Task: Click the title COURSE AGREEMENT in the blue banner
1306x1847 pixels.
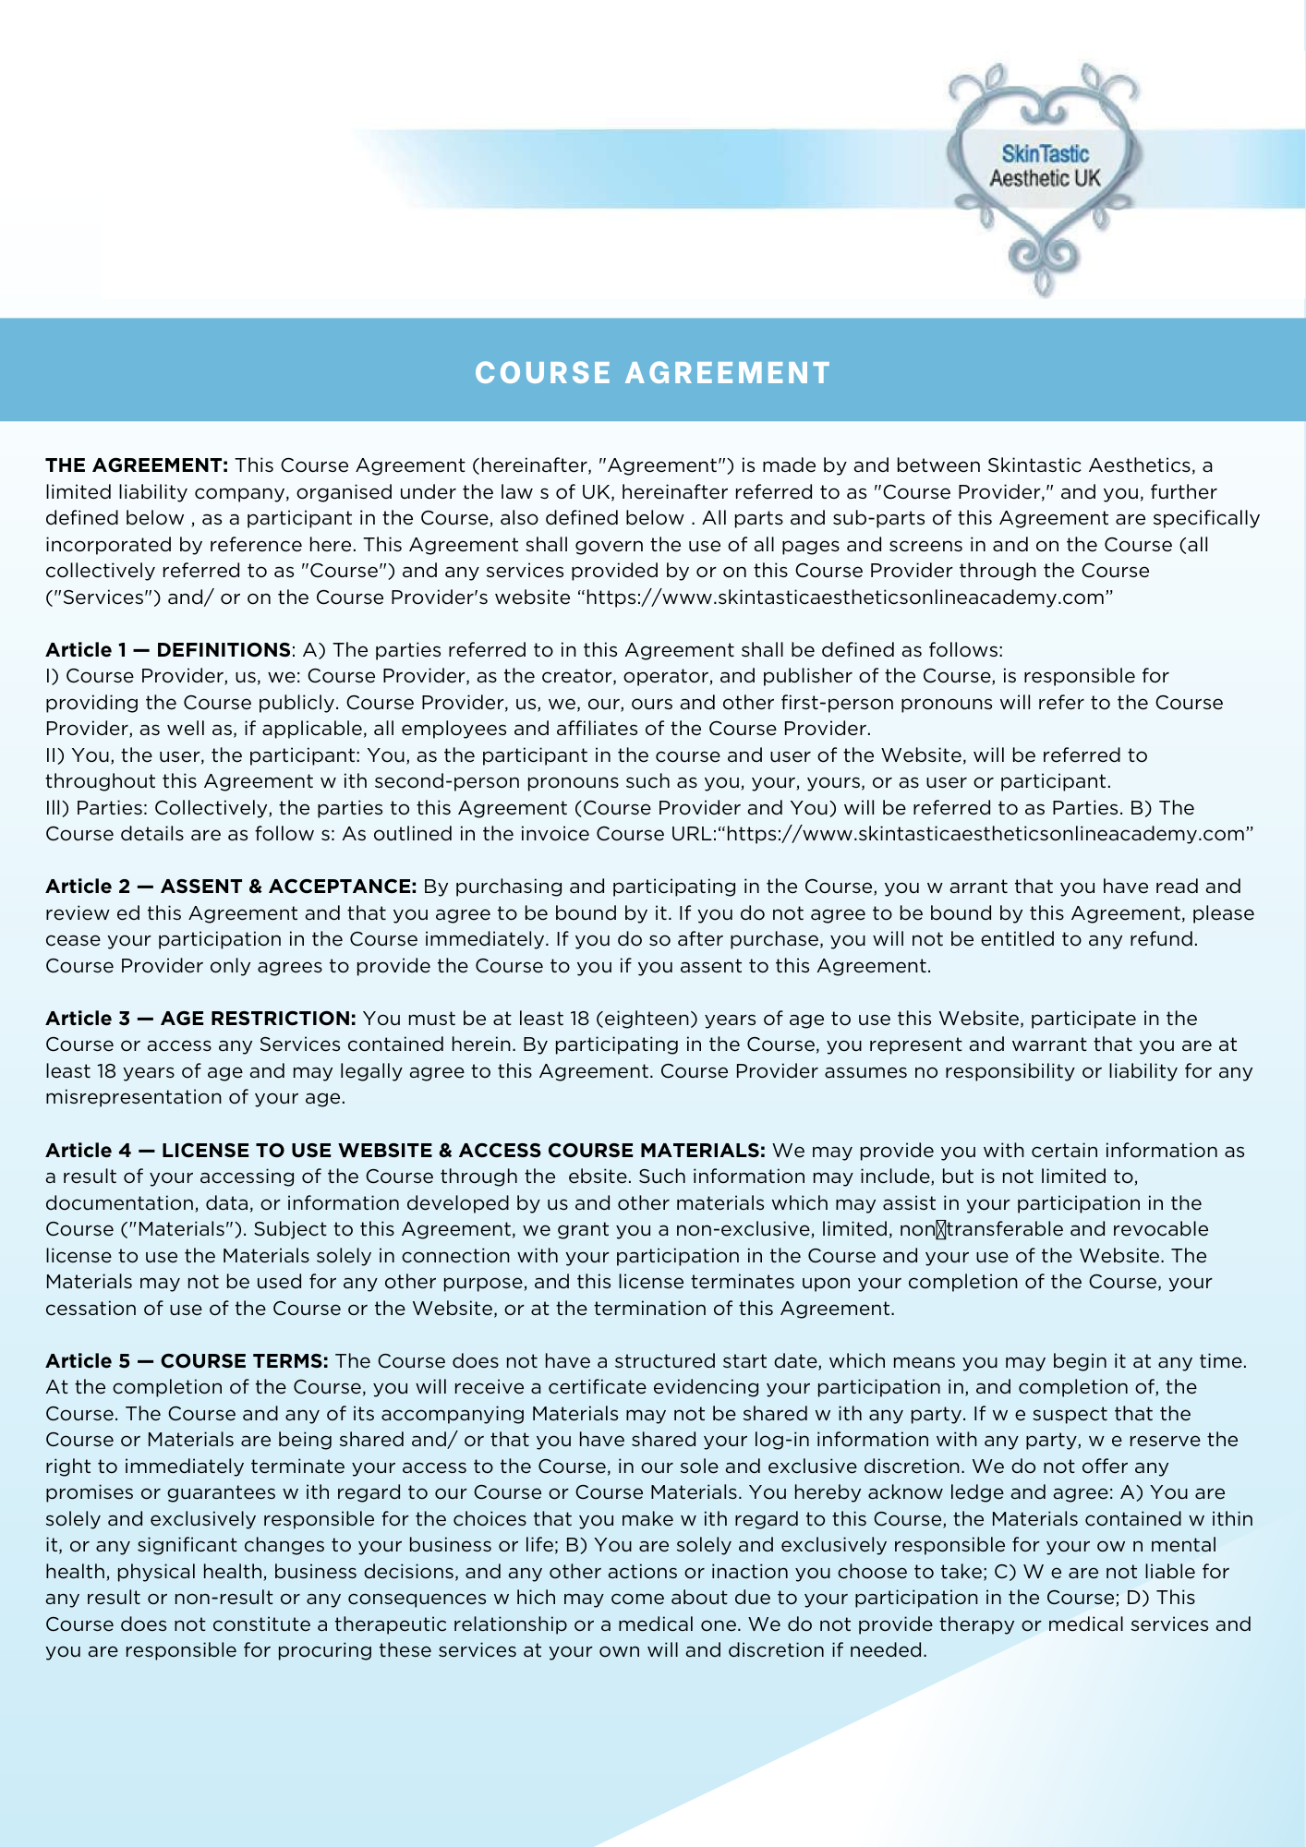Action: (653, 373)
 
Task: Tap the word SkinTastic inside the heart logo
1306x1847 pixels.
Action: (1045, 154)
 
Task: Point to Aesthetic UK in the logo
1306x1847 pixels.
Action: (1045, 178)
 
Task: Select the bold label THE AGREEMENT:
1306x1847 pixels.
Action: (137, 465)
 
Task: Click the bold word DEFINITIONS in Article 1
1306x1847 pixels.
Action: (224, 650)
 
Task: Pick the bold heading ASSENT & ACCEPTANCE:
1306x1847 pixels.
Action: (288, 887)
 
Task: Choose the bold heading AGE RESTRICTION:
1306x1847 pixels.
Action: (258, 1019)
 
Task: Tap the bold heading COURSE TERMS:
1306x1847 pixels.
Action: (244, 1361)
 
